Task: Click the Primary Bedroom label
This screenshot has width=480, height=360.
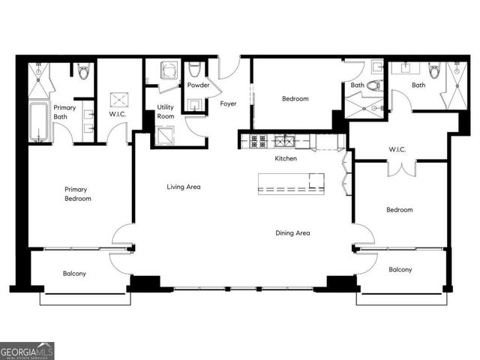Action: [78, 194]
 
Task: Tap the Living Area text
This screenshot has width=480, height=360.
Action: [184, 187]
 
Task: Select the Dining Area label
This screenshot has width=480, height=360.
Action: [292, 233]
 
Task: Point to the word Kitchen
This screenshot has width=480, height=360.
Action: [286, 159]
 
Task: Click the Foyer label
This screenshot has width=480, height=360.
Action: [228, 104]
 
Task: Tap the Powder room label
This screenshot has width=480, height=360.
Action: [198, 85]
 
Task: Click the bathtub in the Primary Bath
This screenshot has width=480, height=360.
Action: [39, 122]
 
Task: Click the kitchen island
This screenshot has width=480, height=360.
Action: [291, 184]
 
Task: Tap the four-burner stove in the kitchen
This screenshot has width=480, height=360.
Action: [259, 140]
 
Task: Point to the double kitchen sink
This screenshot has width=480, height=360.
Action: [284, 140]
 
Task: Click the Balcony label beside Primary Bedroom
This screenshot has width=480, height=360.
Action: [73, 274]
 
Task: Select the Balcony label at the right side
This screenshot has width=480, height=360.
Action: [400, 269]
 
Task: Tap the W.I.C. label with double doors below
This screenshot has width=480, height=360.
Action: [397, 149]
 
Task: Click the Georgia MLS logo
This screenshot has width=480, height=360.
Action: [27, 351]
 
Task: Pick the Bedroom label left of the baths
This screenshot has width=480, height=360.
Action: [295, 99]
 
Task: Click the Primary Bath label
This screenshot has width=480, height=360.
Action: [64, 112]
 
